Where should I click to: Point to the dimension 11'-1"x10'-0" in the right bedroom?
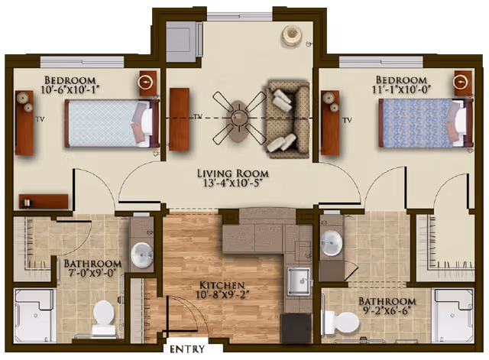click(x=400, y=90)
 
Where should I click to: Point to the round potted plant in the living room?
click(x=292, y=34)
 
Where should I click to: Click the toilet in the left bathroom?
click(x=103, y=314)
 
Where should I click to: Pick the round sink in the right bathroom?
click(x=331, y=243)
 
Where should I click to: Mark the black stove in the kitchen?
click(x=296, y=326)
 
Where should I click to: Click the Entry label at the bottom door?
click(x=186, y=351)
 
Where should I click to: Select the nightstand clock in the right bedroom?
click(x=461, y=82)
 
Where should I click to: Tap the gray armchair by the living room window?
click(x=181, y=35)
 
